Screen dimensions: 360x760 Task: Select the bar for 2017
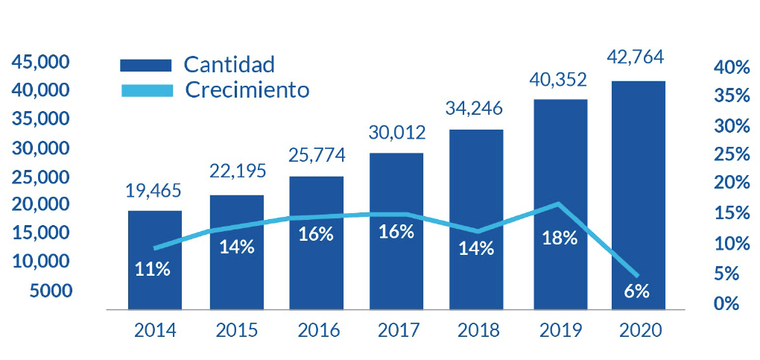pos(396,231)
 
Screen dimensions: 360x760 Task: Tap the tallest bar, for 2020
pos(638,194)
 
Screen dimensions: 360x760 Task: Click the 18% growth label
pos(560,238)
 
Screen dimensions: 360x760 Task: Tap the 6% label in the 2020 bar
pos(637,291)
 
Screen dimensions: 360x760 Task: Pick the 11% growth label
pos(153,269)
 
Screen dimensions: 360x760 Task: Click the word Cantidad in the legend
pos(229,63)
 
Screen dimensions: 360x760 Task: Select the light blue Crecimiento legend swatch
pos(146,90)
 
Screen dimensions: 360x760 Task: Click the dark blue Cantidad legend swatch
pos(146,64)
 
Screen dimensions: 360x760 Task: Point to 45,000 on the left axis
pos(40,62)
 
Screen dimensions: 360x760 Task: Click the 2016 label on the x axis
pos(316,330)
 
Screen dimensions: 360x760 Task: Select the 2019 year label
pos(560,330)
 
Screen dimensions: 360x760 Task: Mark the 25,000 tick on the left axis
pos(40,177)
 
